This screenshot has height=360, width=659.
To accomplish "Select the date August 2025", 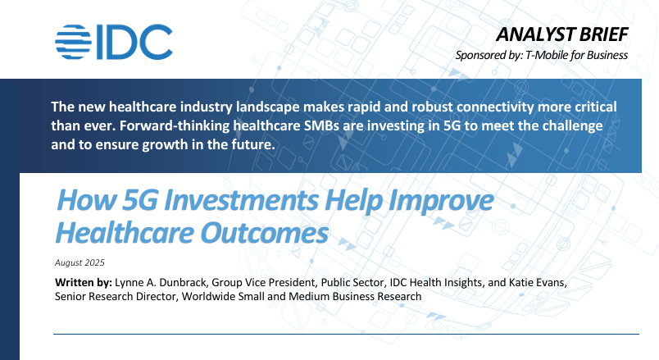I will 79,262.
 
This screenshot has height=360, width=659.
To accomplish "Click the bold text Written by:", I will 84,283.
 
